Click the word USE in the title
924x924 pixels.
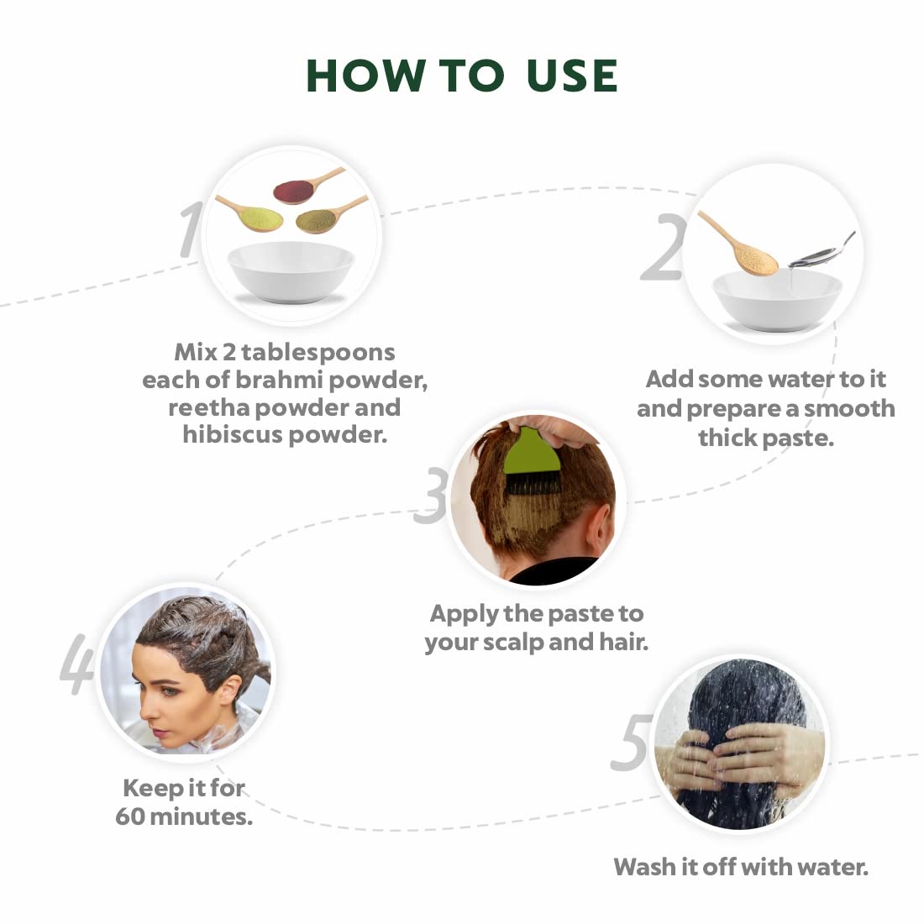click(x=571, y=76)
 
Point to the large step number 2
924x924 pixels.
click(x=663, y=249)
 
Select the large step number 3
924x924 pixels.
click(x=430, y=496)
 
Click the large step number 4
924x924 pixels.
click(x=76, y=665)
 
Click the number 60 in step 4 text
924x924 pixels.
click(x=130, y=816)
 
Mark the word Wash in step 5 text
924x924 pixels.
click(x=643, y=866)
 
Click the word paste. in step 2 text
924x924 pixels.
click(x=796, y=438)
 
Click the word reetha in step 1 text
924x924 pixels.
click(x=208, y=407)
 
